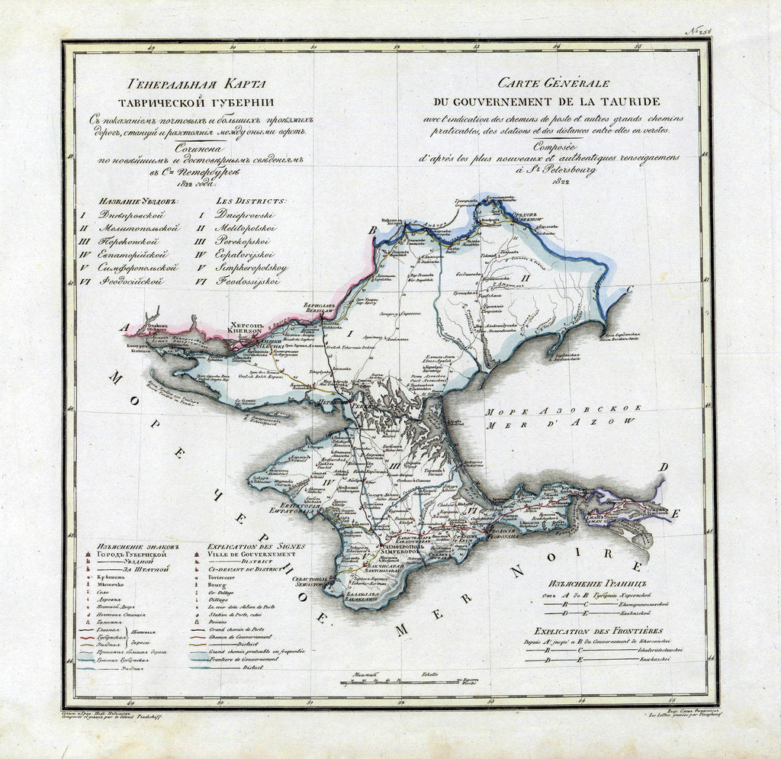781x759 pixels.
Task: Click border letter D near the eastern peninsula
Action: (664, 467)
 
